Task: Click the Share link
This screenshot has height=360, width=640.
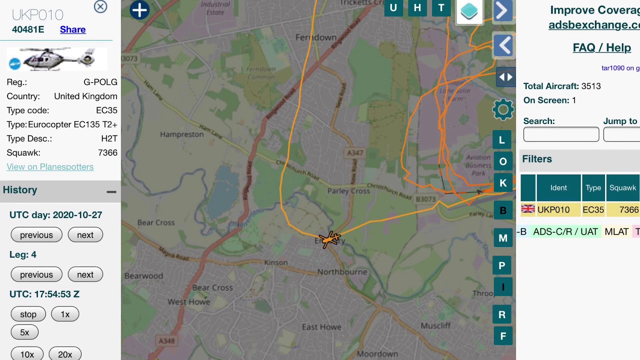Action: tap(72, 29)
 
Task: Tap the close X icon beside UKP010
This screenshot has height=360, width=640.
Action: tap(100, 6)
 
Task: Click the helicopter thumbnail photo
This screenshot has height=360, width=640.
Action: tap(57, 59)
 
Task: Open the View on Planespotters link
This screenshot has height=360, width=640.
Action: tap(50, 167)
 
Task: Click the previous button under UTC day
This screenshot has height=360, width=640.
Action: tap(36, 235)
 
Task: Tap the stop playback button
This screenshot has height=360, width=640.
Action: tap(28, 314)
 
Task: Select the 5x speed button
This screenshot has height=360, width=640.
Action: tap(24, 332)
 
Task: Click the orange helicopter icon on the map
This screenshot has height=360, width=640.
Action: tap(330, 239)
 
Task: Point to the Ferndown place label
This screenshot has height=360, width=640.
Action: tap(316, 37)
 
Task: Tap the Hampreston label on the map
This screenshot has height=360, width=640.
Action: tap(181, 134)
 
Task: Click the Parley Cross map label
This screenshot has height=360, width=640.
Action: tap(348, 191)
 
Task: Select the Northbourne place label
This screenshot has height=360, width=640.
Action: tap(342, 272)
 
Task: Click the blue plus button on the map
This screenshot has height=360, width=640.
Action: tap(139, 10)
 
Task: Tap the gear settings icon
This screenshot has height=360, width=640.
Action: tap(502, 109)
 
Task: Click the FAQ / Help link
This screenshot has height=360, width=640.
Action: tap(601, 47)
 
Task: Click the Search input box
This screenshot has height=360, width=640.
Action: tap(561, 134)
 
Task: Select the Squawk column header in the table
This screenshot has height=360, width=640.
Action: tap(622, 188)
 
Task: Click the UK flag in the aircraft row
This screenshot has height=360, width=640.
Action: tap(528, 209)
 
